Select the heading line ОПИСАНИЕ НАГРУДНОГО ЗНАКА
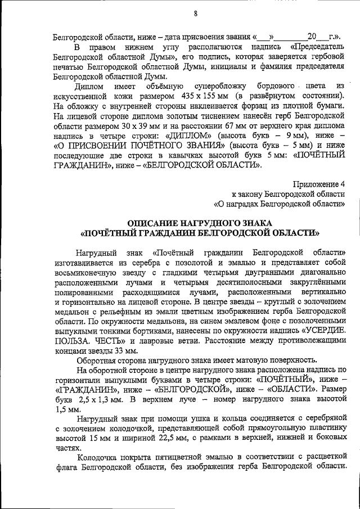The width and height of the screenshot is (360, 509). tap(200, 223)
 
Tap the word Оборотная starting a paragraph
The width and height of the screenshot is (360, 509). tap(97, 361)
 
